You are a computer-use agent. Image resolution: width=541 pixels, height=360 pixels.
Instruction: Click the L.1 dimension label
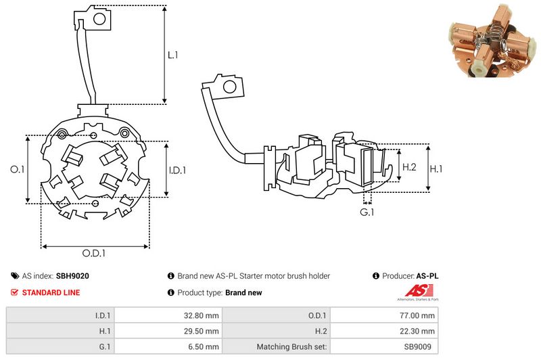[173, 55]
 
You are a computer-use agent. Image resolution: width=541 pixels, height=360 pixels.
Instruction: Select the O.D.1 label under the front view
[95, 253]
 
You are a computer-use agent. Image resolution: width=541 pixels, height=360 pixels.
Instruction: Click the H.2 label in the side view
[409, 167]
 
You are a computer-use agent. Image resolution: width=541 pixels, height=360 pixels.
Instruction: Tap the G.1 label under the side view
[367, 212]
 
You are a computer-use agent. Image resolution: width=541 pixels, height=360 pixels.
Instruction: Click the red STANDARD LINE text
[51, 293]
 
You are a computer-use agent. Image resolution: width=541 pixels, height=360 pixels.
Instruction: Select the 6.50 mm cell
[203, 347]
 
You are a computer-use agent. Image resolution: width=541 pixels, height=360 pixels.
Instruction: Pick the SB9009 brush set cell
[420, 347]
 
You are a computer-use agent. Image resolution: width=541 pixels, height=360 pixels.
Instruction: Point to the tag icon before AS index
[15, 276]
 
